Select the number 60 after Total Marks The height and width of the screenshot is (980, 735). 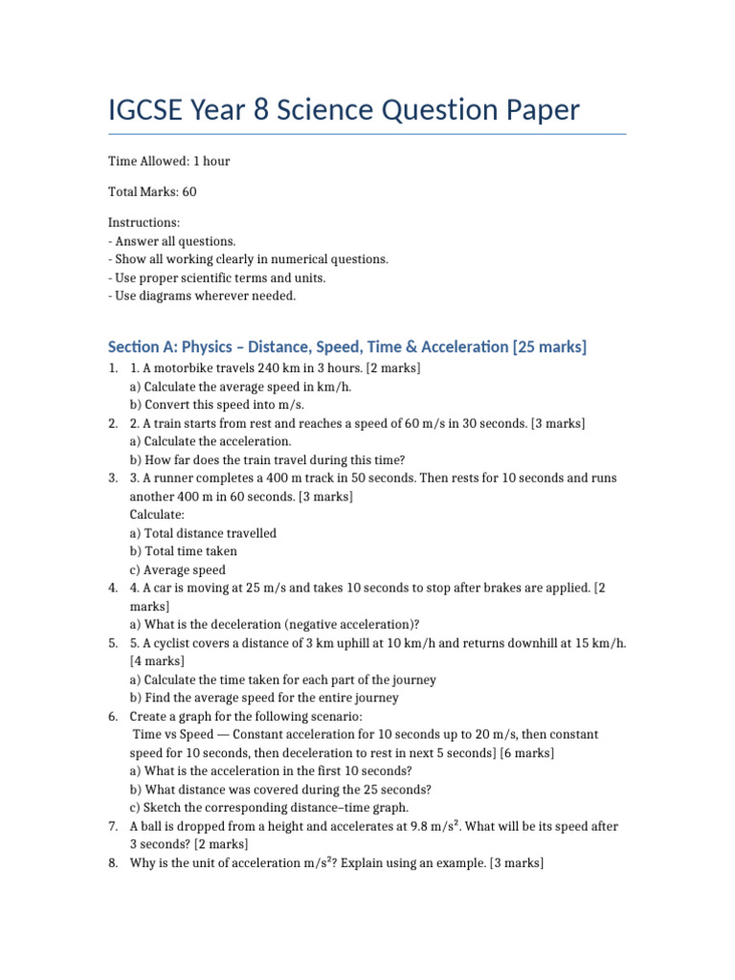coord(189,191)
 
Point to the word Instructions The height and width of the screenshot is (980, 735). coord(144,223)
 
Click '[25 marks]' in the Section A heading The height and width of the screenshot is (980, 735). coord(550,345)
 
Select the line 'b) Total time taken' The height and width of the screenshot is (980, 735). coord(183,551)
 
